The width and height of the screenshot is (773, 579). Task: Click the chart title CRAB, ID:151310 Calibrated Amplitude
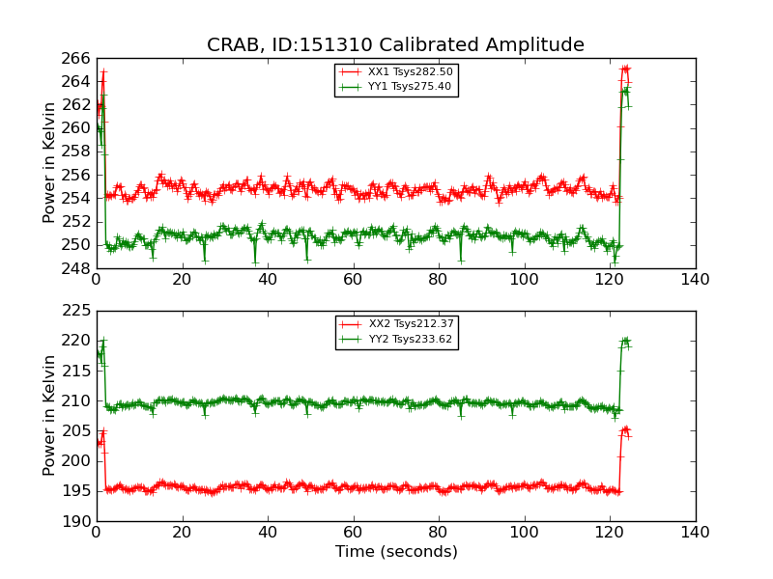[x=395, y=45]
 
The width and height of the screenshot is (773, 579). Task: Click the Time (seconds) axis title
[x=396, y=552]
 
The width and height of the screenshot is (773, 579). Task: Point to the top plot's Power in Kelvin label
[x=50, y=163]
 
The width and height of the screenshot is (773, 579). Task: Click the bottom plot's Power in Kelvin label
[x=50, y=415]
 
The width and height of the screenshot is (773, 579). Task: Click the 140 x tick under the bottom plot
[x=695, y=532]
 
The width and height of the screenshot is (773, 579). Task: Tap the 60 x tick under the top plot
[x=353, y=279]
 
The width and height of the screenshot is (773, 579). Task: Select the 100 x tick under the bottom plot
[x=524, y=532]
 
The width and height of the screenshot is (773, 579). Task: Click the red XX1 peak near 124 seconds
[x=625, y=69]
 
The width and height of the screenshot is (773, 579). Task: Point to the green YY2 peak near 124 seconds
[x=625, y=341]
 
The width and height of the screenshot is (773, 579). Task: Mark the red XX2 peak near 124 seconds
[x=625, y=429]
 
